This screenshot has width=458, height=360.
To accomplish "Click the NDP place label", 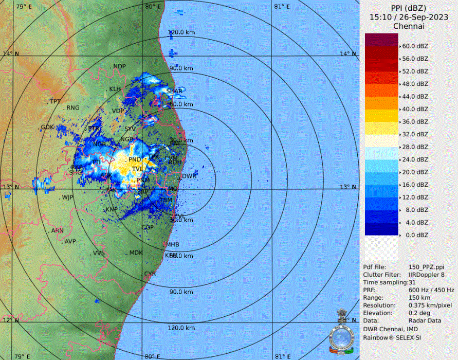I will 119,66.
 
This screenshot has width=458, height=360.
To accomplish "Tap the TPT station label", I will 55,101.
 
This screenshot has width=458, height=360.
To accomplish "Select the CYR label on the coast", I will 150,274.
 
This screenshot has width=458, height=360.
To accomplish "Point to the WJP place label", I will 68,197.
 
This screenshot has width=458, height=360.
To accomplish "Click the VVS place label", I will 98,253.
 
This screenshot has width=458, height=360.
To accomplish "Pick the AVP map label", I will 70,241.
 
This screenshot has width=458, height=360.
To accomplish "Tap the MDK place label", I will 136,253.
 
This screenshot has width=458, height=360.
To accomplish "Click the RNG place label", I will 73,108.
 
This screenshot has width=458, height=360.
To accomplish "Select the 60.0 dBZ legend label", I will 415,46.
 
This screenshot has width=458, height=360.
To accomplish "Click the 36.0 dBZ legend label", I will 415,122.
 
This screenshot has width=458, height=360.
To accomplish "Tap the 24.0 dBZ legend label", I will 415,159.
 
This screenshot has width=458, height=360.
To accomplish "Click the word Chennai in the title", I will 408,26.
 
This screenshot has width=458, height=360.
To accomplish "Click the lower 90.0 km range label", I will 181,292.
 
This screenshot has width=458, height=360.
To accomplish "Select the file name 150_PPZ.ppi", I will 426,267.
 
